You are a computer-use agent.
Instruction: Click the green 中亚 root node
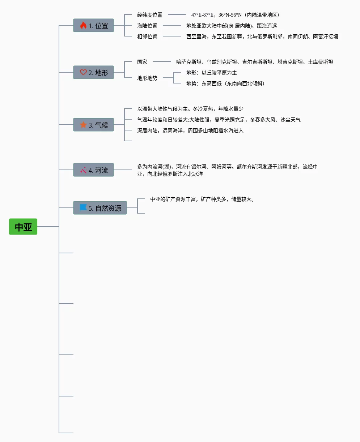23,227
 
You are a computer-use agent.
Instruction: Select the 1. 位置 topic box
93,26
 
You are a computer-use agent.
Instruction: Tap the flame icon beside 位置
83,26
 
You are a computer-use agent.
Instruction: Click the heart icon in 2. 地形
83,72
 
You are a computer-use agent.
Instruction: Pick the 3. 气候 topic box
93,125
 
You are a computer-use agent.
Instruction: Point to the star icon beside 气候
83,125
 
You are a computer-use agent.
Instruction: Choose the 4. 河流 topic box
93,170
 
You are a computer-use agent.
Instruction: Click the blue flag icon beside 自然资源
83,208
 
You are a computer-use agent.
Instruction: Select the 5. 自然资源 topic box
100,208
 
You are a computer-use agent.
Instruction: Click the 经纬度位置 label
150,15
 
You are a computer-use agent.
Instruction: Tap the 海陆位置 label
147,26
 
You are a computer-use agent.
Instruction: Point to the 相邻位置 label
147,37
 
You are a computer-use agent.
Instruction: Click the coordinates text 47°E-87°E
203,15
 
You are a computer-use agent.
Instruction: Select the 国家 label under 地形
142,62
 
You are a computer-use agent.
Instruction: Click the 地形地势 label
147,78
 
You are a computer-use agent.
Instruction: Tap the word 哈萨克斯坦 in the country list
189,62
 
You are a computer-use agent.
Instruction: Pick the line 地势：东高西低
225,83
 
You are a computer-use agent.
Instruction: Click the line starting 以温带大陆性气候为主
190,109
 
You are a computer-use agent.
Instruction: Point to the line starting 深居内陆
190,130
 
